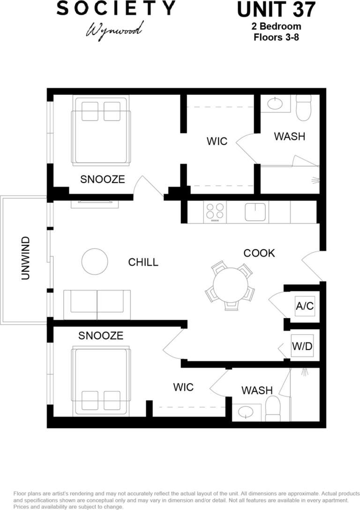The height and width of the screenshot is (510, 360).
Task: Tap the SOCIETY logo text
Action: pos(116,8)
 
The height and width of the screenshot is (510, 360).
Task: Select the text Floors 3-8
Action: pos(276,37)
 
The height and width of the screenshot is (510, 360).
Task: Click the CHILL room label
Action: pos(143,262)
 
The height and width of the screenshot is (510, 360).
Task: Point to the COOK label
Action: pos(259,253)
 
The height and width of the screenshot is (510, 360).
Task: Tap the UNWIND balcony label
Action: pos(26,259)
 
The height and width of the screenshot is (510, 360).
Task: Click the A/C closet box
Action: pos(304,306)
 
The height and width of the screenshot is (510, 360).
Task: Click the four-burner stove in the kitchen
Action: pos(215,212)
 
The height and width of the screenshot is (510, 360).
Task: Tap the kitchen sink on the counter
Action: pos(256,212)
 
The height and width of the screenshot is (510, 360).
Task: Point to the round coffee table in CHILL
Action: pos(95,261)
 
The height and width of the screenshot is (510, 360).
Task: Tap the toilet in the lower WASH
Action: pos(272,408)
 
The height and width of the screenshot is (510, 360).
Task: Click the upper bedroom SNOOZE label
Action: pos(102,179)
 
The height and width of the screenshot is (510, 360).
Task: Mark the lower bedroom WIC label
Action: pos(183,388)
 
